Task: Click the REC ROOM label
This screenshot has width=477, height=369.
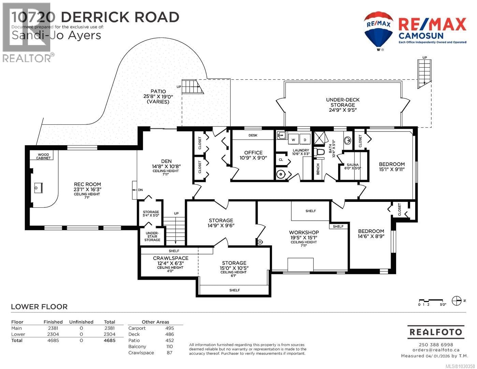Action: pos(87,184)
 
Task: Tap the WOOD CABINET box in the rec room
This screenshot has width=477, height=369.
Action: pos(44,156)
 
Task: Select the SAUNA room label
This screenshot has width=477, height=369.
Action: pos(352,165)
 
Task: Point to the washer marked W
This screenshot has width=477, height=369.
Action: pos(293,140)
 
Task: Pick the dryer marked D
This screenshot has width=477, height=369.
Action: pos(305,140)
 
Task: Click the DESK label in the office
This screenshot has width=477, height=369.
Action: pos(253,135)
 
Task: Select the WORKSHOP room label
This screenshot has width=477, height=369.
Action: pos(304,232)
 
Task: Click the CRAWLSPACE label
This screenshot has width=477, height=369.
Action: pos(170,258)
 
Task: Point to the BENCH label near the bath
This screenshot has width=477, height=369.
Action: pos(318,169)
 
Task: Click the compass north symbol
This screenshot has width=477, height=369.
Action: pos(456,301)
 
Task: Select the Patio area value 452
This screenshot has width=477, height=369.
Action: pos(169,340)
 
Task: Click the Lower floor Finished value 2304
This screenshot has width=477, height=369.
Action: pos(53,334)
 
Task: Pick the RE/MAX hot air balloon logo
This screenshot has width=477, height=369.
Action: pos(378,30)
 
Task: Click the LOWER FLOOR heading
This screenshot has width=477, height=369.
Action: pos(39,306)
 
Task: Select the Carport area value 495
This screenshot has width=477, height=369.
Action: pos(169,328)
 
